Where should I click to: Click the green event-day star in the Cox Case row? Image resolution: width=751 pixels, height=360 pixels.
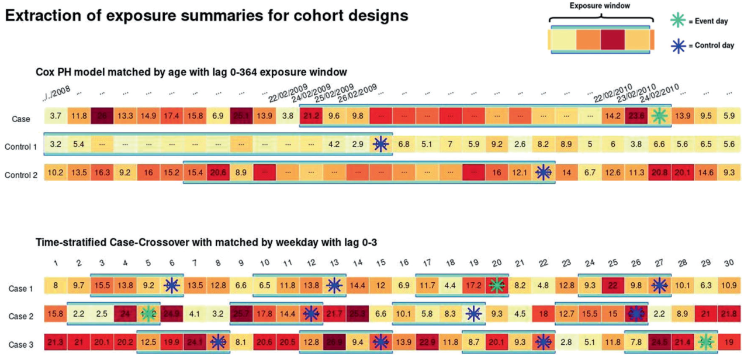point(660,116)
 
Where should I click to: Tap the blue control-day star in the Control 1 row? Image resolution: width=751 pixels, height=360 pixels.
point(380,144)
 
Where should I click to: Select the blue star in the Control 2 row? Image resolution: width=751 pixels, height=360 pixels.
point(544,173)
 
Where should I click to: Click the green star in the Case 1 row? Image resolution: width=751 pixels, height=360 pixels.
point(497,286)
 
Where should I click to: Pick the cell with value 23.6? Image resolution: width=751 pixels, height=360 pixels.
point(636,116)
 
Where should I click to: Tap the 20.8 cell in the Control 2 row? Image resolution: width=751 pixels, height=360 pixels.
point(659,173)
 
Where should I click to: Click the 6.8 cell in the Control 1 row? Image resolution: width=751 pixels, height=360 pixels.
point(404,144)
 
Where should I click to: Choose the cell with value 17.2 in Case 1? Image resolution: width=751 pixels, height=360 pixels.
point(473,286)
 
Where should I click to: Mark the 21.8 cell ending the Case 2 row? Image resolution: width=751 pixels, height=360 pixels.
point(729,314)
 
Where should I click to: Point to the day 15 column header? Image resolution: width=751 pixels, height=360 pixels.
point(380,264)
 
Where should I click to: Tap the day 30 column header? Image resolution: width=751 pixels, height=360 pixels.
point(729,264)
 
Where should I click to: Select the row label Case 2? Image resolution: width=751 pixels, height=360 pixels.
point(20,316)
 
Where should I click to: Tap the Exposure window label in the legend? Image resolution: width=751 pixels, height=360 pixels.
point(599,6)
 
